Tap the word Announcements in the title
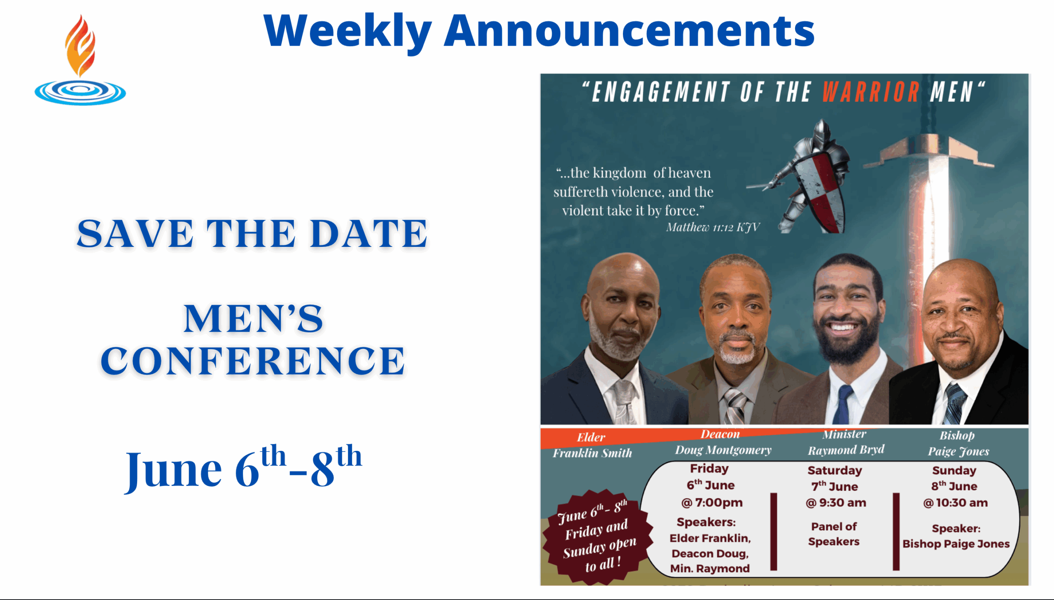pyautogui.click(x=629, y=31)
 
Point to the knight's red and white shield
pyautogui.click(x=819, y=190)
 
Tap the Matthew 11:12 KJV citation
pyautogui.click(x=713, y=227)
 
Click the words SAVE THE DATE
pyautogui.click(x=252, y=233)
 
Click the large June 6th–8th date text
pyautogui.click(x=244, y=468)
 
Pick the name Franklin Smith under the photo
pyautogui.click(x=592, y=453)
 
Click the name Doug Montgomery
pyautogui.click(x=723, y=450)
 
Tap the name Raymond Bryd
pyautogui.click(x=846, y=450)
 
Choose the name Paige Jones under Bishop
pyautogui.click(x=958, y=451)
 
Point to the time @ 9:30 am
pyautogui.click(x=836, y=503)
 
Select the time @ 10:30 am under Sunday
pyautogui.click(x=955, y=503)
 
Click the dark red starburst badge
pyautogui.click(x=598, y=537)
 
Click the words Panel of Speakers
pyautogui.click(x=834, y=534)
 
